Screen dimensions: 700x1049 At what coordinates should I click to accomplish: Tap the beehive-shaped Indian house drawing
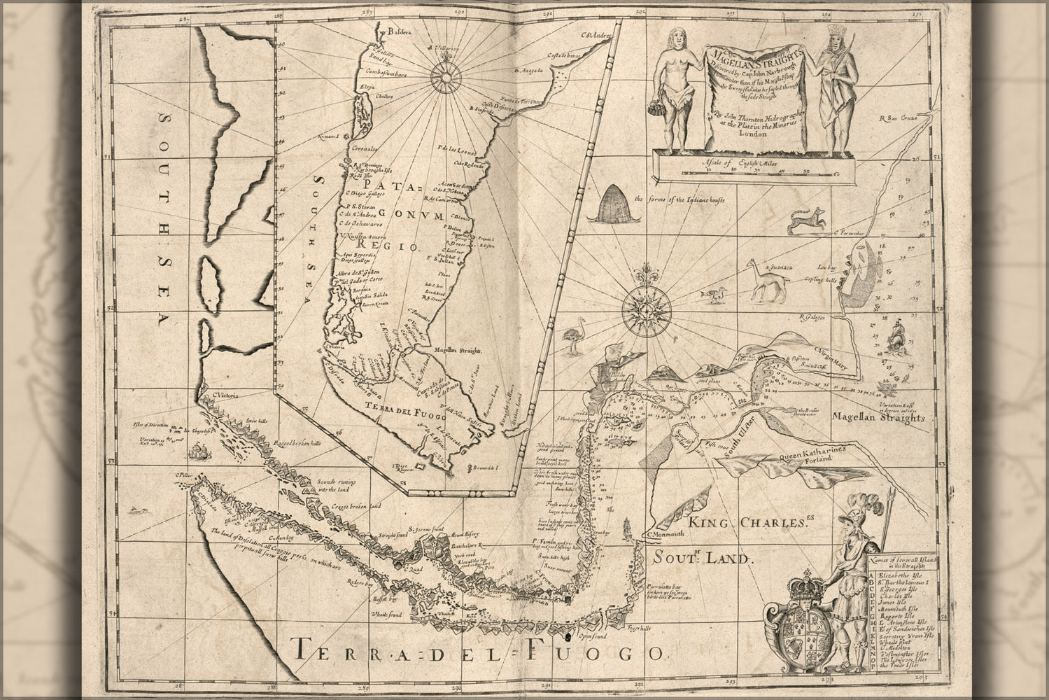coord(608,205)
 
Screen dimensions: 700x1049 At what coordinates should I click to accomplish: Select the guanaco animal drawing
coord(768,281)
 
